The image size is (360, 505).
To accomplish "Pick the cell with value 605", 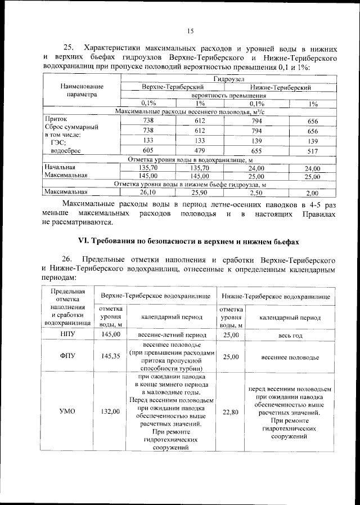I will [x=148, y=151].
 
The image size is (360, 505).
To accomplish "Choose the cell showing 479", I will [x=200, y=151].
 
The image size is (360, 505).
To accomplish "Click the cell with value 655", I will [x=256, y=151].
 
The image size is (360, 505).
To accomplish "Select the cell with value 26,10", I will [x=148, y=192].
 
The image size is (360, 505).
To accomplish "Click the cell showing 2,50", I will [x=256, y=192].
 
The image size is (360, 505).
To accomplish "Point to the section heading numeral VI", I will [x=83, y=240].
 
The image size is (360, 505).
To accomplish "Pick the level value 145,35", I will [x=111, y=356].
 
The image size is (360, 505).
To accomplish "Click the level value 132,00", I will [x=111, y=412].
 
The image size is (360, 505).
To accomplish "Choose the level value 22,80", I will [x=231, y=412].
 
